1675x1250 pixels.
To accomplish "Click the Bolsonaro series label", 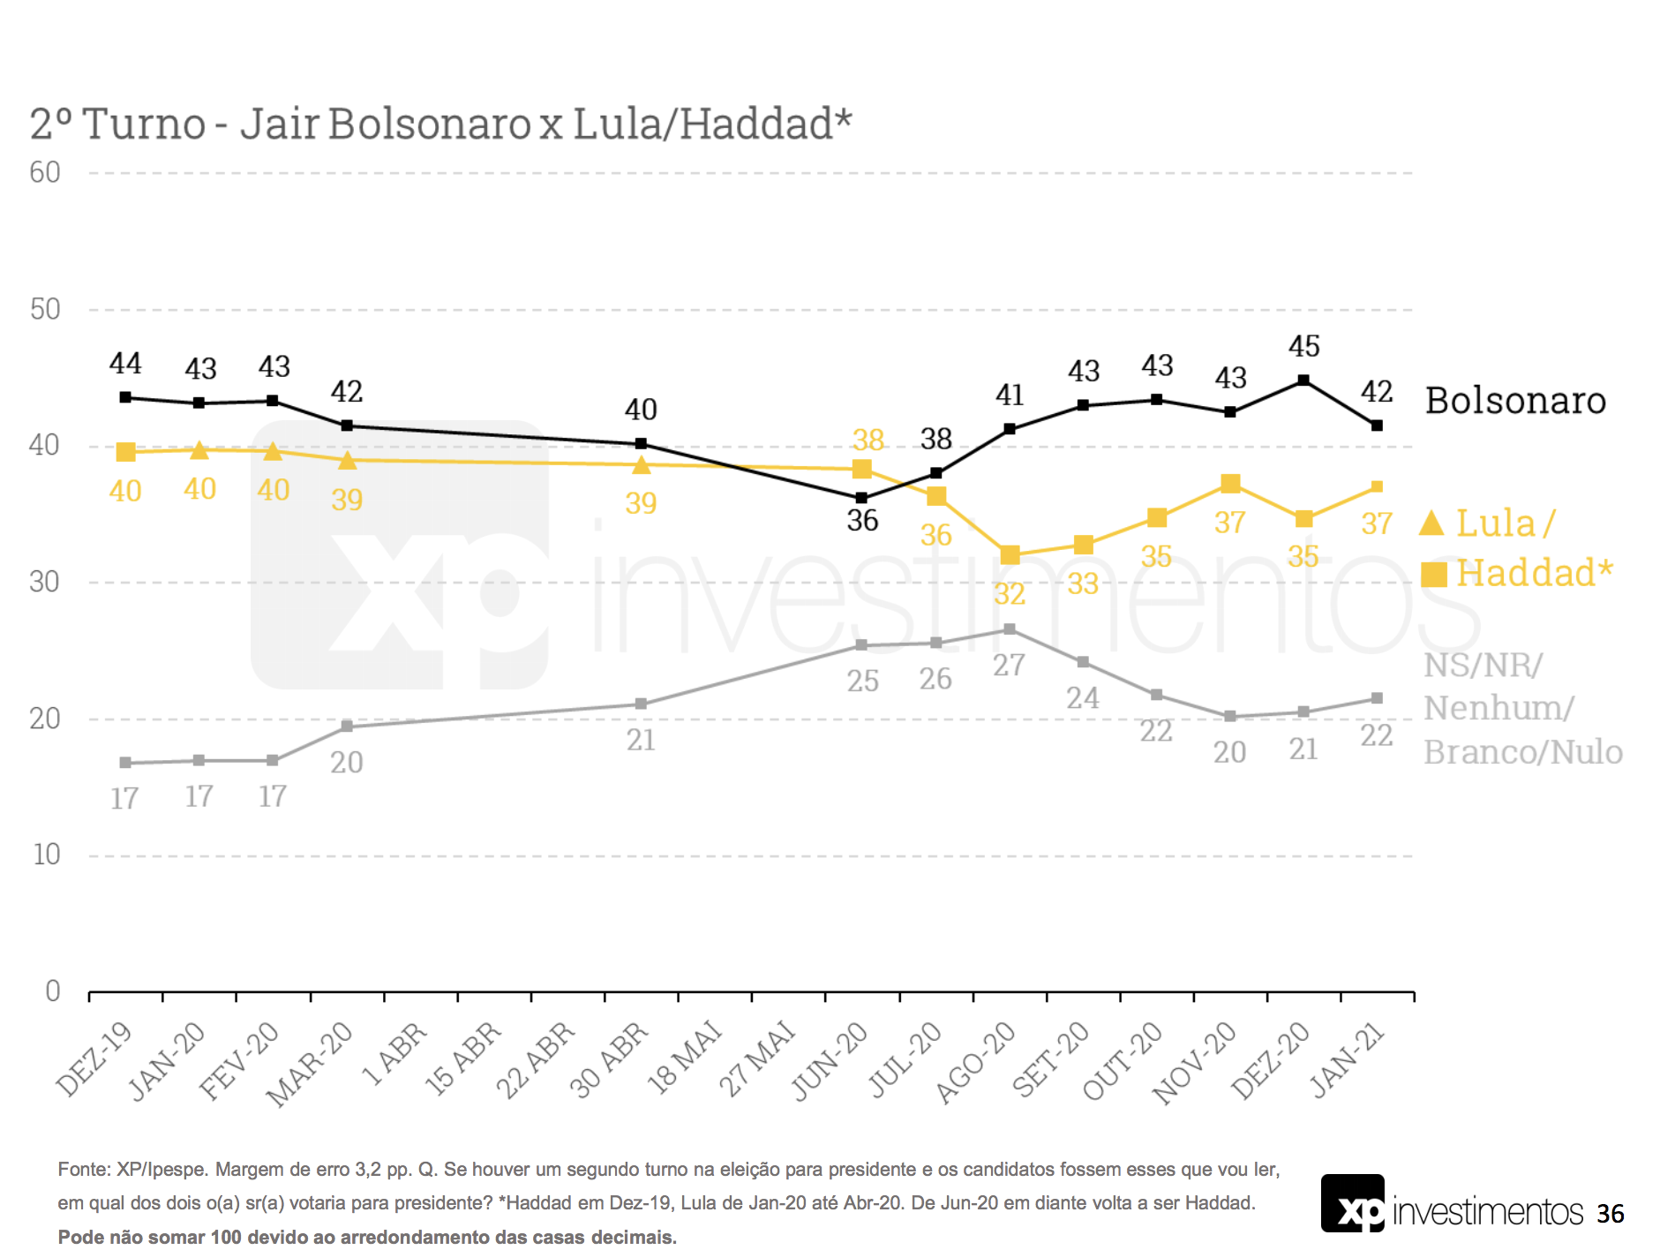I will (x=1515, y=401).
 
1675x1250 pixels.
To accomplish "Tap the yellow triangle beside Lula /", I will (x=1431, y=523).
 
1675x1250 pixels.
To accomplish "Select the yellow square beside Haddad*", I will (x=1434, y=575).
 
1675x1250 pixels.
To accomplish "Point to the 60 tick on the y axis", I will (x=45, y=172).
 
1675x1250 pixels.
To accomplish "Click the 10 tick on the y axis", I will (x=46, y=855).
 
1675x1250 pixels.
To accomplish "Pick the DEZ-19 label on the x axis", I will (x=95, y=1058).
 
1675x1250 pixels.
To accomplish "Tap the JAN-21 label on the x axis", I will (x=1348, y=1059).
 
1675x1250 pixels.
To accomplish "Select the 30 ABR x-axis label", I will (x=611, y=1059).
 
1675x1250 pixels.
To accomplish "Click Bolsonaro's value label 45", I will (x=1303, y=346).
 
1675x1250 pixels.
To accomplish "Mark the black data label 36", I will (x=862, y=521).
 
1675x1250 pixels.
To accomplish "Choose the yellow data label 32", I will (x=1010, y=593).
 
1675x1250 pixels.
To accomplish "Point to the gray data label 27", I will (x=1009, y=665).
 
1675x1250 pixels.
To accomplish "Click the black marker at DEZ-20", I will (x=1303, y=380).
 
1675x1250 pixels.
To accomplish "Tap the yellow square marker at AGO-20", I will (x=1010, y=555).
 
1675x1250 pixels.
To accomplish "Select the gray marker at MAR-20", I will (x=347, y=727).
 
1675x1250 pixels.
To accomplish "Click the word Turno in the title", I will (x=144, y=124).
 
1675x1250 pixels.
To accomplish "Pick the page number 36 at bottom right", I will (x=1610, y=1214).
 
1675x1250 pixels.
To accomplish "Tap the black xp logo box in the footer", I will (x=1352, y=1204).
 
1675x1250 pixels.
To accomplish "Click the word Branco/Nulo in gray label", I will (x=1523, y=752).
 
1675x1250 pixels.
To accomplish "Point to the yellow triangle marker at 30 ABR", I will (x=642, y=465).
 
